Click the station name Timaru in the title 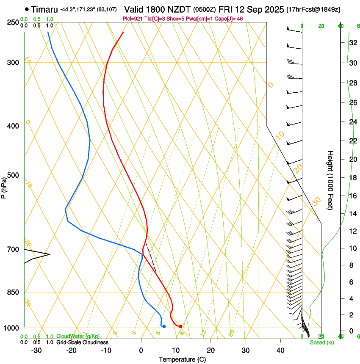click(44, 9)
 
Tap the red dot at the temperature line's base click(180, 326)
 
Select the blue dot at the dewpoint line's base click(164, 326)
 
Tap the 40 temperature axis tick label click(280, 350)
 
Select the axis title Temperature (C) click(182, 359)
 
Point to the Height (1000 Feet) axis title click(331, 180)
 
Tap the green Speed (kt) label click(322, 342)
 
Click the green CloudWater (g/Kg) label click(78, 336)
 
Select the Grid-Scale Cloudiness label click(82, 342)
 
